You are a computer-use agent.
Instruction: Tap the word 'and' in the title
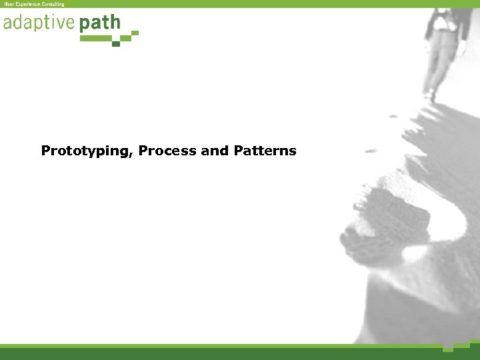[x=215, y=151]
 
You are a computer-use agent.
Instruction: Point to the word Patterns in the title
[x=265, y=151]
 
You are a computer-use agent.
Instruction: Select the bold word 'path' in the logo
[x=100, y=24]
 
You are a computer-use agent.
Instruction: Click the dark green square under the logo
[x=116, y=44]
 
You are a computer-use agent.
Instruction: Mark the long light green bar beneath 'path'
[x=96, y=39]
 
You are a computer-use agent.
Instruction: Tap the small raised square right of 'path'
[x=135, y=32]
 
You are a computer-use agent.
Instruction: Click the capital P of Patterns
[x=239, y=151]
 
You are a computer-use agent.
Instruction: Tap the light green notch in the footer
[x=448, y=348]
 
